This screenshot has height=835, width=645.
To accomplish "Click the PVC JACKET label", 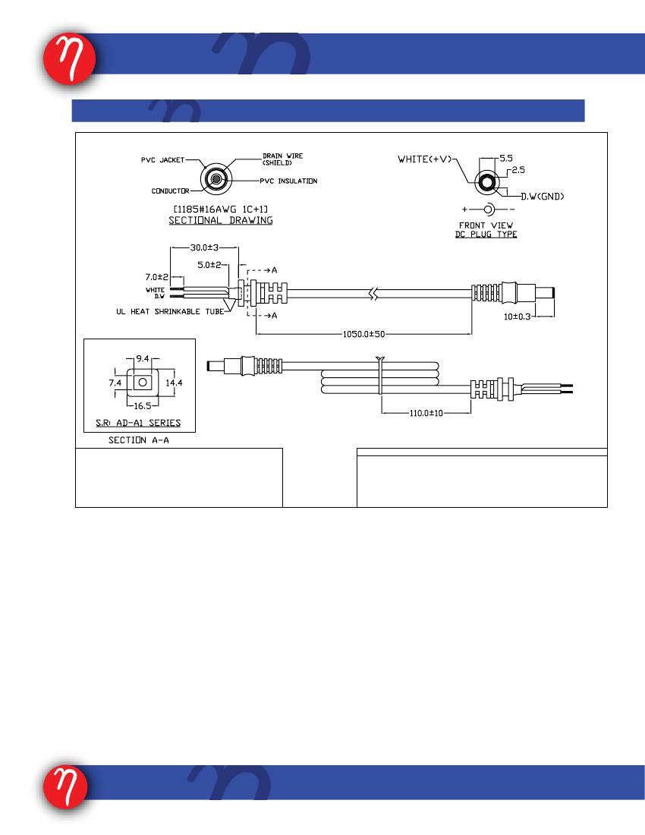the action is pyautogui.click(x=163, y=159).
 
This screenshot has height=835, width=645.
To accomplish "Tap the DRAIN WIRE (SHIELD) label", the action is pyautogui.click(x=282, y=159).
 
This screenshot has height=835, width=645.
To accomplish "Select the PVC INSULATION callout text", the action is pyautogui.click(x=288, y=181).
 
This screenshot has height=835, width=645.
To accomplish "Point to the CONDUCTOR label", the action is pyautogui.click(x=170, y=191).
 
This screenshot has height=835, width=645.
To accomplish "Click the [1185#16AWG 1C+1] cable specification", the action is pyautogui.click(x=221, y=210).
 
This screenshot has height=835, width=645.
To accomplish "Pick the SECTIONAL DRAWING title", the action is pyautogui.click(x=221, y=220).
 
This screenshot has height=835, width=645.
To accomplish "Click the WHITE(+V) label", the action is pyautogui.click(x=425, y=159).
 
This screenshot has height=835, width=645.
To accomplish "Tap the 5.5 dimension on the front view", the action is pyautogui.click(x=506, y=158).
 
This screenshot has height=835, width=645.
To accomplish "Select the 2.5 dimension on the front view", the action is pyautogui.click(x=518, y=170).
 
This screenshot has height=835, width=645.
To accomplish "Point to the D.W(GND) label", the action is pyautogui.click(x=543, y=197).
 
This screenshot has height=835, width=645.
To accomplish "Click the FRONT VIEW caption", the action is pyautogui.click(x=486, y=225).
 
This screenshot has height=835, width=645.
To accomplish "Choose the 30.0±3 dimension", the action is pyautogui.click(x=204, y=247).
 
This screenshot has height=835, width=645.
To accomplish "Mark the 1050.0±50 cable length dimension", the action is pyautogui.click(x=363, y=335).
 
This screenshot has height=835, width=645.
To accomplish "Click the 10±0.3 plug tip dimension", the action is pyautogui.click(x=518, y=317).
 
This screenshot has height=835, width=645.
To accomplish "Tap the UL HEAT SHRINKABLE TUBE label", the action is pyautogui.click(x=170, y=311).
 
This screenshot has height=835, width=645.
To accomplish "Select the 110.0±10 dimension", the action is pyautogui.click(x=426, y=413).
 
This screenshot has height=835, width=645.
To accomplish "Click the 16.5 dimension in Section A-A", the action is pyautogui.click(x=143, y=406).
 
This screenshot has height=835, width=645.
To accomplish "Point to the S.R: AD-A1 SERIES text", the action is pyautogui.click(x=138, y=423).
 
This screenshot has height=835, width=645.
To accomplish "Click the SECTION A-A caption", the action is pyautogui.click(x=139, y=440).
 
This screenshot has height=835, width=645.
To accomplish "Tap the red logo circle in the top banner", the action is pyautogui.click(x=70, y=59).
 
